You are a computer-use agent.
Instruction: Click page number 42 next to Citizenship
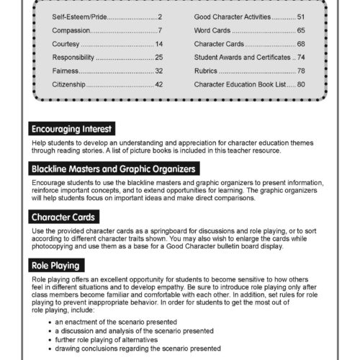159,84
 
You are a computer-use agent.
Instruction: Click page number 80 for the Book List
301,84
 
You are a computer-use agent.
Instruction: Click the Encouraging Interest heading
71,130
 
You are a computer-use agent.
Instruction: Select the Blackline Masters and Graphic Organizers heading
113,169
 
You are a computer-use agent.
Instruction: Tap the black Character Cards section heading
66,216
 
